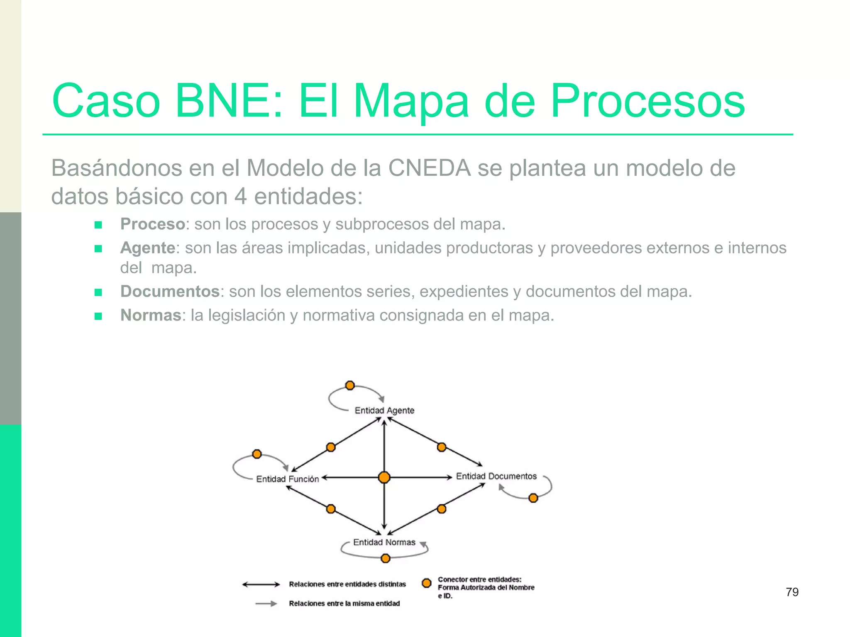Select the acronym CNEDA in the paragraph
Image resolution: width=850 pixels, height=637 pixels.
430,168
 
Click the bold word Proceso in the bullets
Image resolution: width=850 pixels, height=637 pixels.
152,224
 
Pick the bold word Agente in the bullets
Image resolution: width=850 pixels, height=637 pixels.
148,248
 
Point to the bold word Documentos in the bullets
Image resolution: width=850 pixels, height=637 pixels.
170,292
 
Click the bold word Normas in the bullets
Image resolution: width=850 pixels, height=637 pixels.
151,315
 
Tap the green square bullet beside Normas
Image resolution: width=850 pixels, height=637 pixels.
98,316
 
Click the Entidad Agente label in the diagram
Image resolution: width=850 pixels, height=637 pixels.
384,411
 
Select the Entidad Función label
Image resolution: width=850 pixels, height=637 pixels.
287,479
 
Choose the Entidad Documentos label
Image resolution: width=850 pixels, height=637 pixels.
496,476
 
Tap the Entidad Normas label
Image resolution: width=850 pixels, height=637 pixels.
384,542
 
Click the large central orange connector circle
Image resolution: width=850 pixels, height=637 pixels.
384,477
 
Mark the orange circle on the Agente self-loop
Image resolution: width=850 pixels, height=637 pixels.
350,385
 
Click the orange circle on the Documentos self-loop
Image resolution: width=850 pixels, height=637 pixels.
533,498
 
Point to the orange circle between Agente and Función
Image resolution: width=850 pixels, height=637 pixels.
331,447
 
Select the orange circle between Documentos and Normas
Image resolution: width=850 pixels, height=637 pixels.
442,509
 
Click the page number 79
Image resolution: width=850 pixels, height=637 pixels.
792,592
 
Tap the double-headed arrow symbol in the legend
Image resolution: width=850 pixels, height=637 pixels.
261,584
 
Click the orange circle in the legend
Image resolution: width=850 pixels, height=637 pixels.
426,583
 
